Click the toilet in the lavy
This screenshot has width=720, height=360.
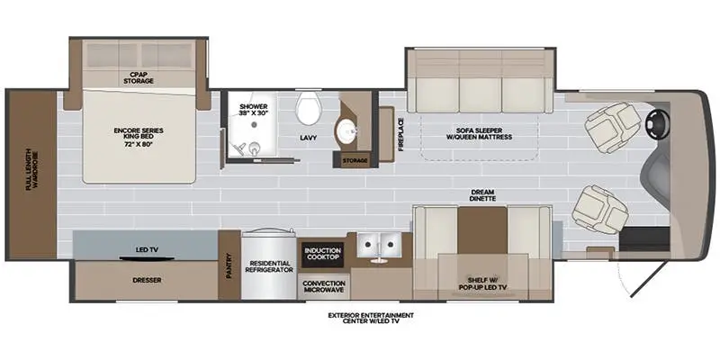[x=308, y=109]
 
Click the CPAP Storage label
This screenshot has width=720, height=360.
[x=139, y=78]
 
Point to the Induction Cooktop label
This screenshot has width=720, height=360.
[x=321, y=255]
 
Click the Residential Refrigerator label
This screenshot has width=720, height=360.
[x=266, y=271]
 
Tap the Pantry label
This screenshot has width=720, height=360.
[x=229, y=265]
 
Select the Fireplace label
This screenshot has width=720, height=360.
[x=400, y=133]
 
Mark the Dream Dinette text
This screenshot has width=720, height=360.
[x=483, y=193]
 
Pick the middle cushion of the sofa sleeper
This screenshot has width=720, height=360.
[x=481, y=93]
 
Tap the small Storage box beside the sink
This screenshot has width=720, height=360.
[x=352, y=160]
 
